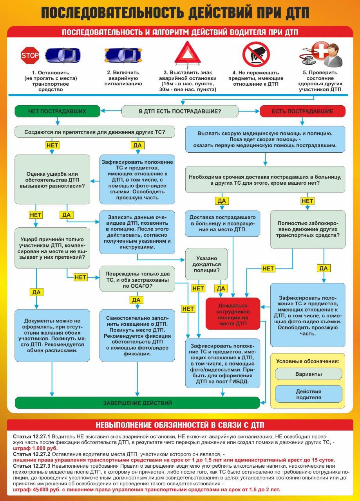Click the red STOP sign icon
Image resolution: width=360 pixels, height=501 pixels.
coord(30,56)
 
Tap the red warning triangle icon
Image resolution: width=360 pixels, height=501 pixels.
coord(187,54)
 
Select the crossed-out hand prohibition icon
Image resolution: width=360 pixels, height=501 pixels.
coord(256,54)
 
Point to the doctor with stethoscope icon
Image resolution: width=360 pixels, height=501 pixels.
coord(322,55)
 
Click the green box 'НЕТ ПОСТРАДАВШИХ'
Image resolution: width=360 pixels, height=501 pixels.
coord(57,111)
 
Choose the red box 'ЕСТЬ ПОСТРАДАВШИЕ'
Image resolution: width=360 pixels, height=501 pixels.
coord(302,111)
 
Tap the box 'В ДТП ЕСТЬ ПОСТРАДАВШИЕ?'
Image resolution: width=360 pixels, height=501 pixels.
coord(180,112)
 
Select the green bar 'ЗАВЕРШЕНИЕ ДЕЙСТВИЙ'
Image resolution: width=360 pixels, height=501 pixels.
coord(137,403)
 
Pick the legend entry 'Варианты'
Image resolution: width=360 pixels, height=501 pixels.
coord(308,374)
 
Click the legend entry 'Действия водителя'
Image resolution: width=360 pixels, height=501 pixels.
coord(308,395)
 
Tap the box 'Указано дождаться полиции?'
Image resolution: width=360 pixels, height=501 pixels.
coord(206,264)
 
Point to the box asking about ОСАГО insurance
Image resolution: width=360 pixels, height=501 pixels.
coord(137,279)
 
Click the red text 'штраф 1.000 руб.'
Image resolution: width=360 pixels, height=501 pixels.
coord(35,448)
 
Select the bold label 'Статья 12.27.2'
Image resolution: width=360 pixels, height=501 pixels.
coord(32,454)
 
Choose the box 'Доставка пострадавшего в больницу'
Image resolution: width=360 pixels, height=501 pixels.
coord(223,223)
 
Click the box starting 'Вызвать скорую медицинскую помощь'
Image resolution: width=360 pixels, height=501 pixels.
coord(265,139)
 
